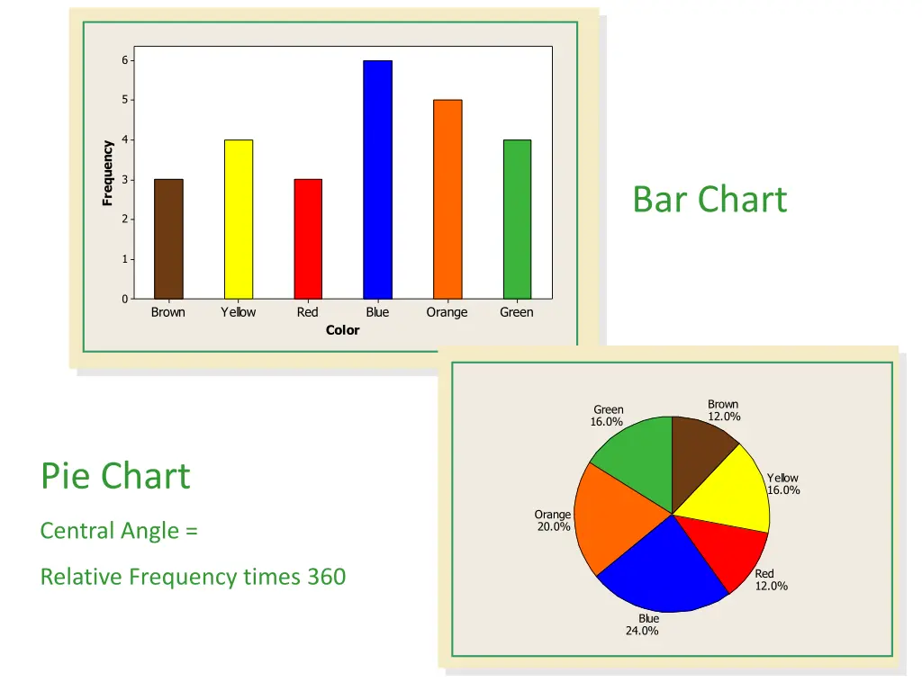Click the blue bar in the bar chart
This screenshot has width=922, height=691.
pyautogui.click(x=377, y=180)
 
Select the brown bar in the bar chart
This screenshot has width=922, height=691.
pyautogui.click(x=168, y=238)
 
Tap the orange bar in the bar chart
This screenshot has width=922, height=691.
pyautogui.click(x=447, y=199)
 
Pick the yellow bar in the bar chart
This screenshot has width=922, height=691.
pyautogui.click(x=239, y=219)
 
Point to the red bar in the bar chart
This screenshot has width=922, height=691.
pyautogui.click(x=308, y=238)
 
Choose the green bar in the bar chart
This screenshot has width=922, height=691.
pyautogui.click(x=517, y=219)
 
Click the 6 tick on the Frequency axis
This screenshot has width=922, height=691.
pyautogui.click(x=126, y=60)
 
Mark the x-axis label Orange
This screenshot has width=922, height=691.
pyautogui.click(x=447, y=312)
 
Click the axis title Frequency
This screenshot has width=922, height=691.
pyautogui.click(x=107, y=173)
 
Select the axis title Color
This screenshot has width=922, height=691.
pyautogui.click(x=342, y=330)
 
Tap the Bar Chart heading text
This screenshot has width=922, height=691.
pyautogui.click(x=710, y=199)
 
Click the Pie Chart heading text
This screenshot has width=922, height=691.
pyautogui.click(x=115, y=475)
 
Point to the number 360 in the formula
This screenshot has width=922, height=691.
pyautogui.click(x=326, y=577)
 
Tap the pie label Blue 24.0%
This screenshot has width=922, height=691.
pyautogui.click(x=643, y=624)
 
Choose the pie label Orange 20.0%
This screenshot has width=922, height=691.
pyautogui.click(x=553, y=520)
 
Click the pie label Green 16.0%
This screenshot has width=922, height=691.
pyautogui.click(x=608, y=415)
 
